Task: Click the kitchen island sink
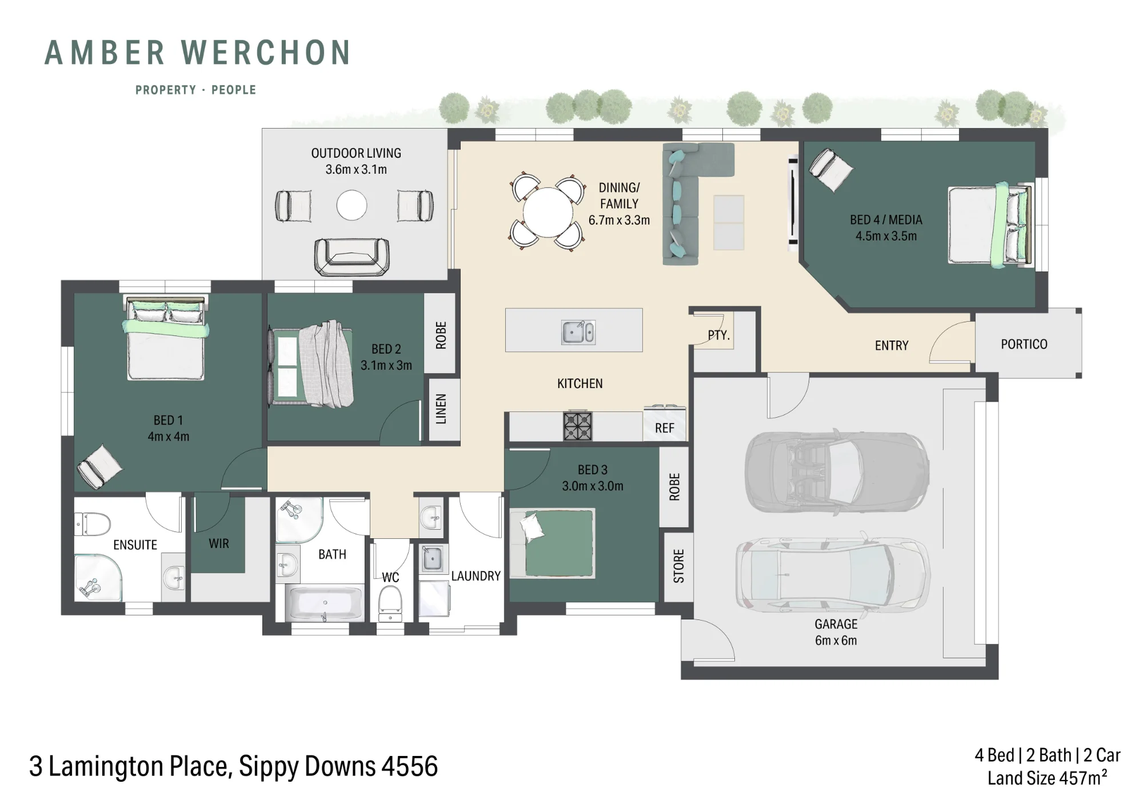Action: [x=578, y=332]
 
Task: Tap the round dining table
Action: [x=547, y=212]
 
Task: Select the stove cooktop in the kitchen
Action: [x=578, y=426]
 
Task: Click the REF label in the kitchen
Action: [x=665, y=428]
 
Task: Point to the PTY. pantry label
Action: [x=719, y=335]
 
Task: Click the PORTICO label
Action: [x=1024, y=344]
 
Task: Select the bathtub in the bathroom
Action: [x=325, y=603]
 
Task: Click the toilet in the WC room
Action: [x=390, y=603]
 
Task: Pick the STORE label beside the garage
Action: [x=678, y=566]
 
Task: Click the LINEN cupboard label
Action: [x=441, y=409]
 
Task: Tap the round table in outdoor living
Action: [x=351, y=205]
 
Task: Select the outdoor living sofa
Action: [x=351, y=257]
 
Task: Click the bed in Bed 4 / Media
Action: [x=990, y=225]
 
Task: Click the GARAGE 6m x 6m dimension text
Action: [x=836, y=632]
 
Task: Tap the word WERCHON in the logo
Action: [x=266, y=53]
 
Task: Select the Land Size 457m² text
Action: [x=1047, y=778]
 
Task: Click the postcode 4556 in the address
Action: [x=409, y=766]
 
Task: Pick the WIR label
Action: [x=219, y=543]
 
